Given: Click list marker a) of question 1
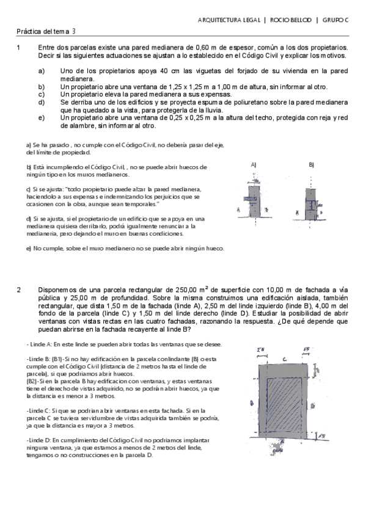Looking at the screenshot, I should (x=42, y=71).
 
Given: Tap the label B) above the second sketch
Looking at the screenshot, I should (x=311, y=165).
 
